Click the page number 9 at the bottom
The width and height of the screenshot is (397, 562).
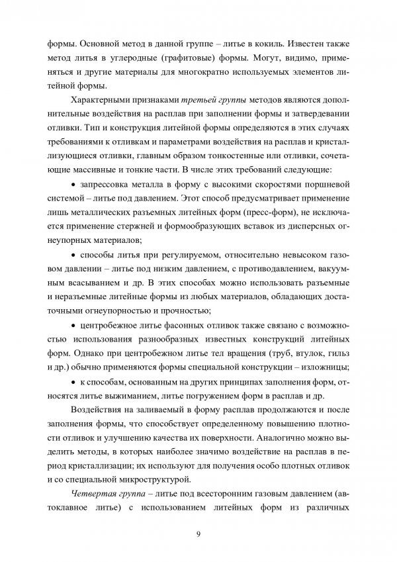tap(198, 534)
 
